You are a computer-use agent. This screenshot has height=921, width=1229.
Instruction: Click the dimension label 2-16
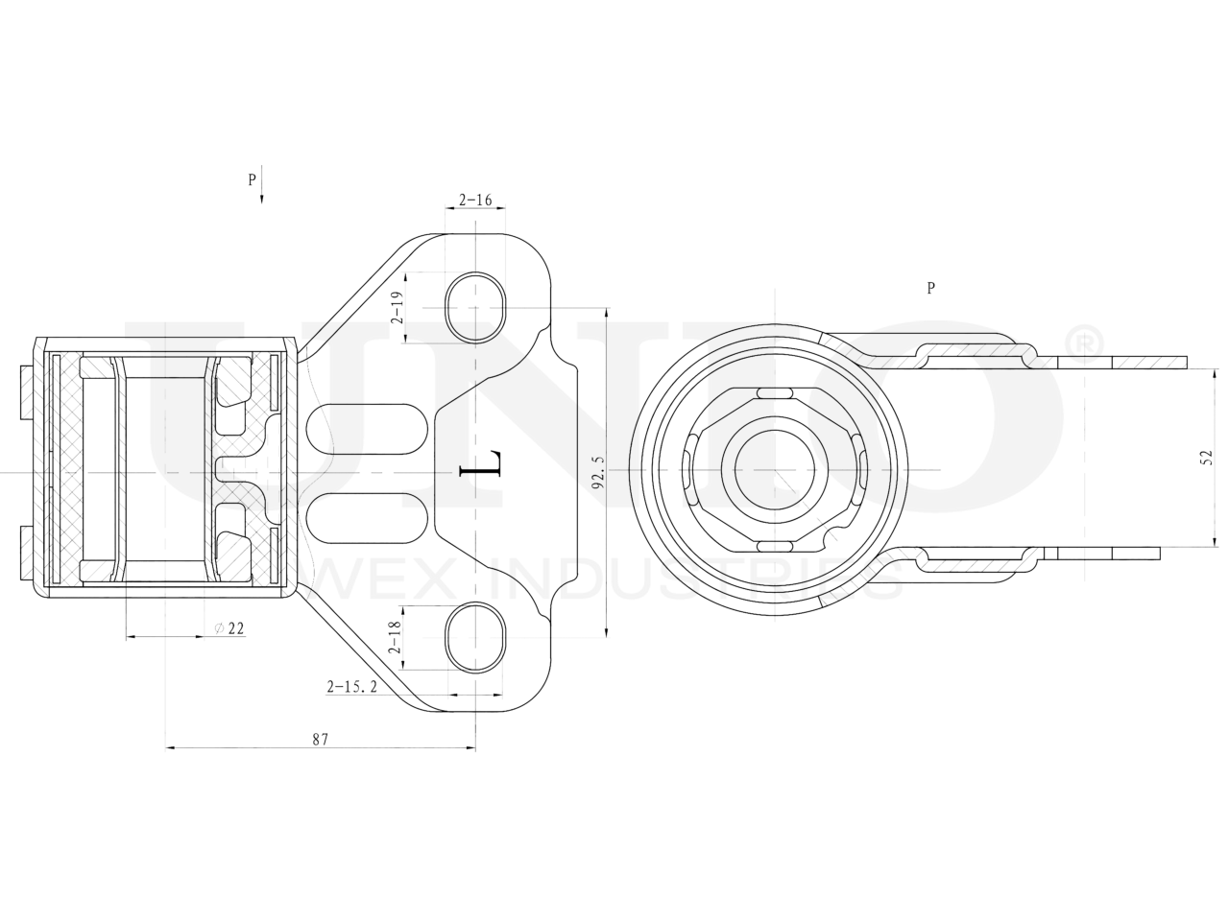[x=475, y=201]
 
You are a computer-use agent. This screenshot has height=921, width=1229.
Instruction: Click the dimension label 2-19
[x=396, y=308]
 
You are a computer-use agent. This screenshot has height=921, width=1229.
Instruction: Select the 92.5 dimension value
[x=598, y=472]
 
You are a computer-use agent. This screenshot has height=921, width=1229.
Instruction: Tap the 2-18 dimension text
[x=395, y=637]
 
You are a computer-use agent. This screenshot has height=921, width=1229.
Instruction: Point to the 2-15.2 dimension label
[x=352, y=686]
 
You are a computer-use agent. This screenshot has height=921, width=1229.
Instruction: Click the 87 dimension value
[x=320, y=740]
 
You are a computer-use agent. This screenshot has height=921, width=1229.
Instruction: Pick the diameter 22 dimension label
[x=229, y=628]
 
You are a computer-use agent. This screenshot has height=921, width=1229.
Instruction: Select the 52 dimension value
[x=1207, y=459]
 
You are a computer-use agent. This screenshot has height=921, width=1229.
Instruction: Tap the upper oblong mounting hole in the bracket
[x=475, y=307]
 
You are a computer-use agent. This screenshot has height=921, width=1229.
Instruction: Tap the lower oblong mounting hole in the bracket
[x=475, y=636]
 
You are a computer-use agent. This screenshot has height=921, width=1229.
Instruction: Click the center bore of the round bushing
[x=775, y=469]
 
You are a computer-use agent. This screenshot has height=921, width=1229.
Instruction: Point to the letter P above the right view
[x=930, y=287]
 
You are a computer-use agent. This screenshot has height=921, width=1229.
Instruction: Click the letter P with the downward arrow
[x=252, y=178]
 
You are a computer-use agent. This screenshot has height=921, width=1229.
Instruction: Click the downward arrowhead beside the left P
[x=262, y=196]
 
